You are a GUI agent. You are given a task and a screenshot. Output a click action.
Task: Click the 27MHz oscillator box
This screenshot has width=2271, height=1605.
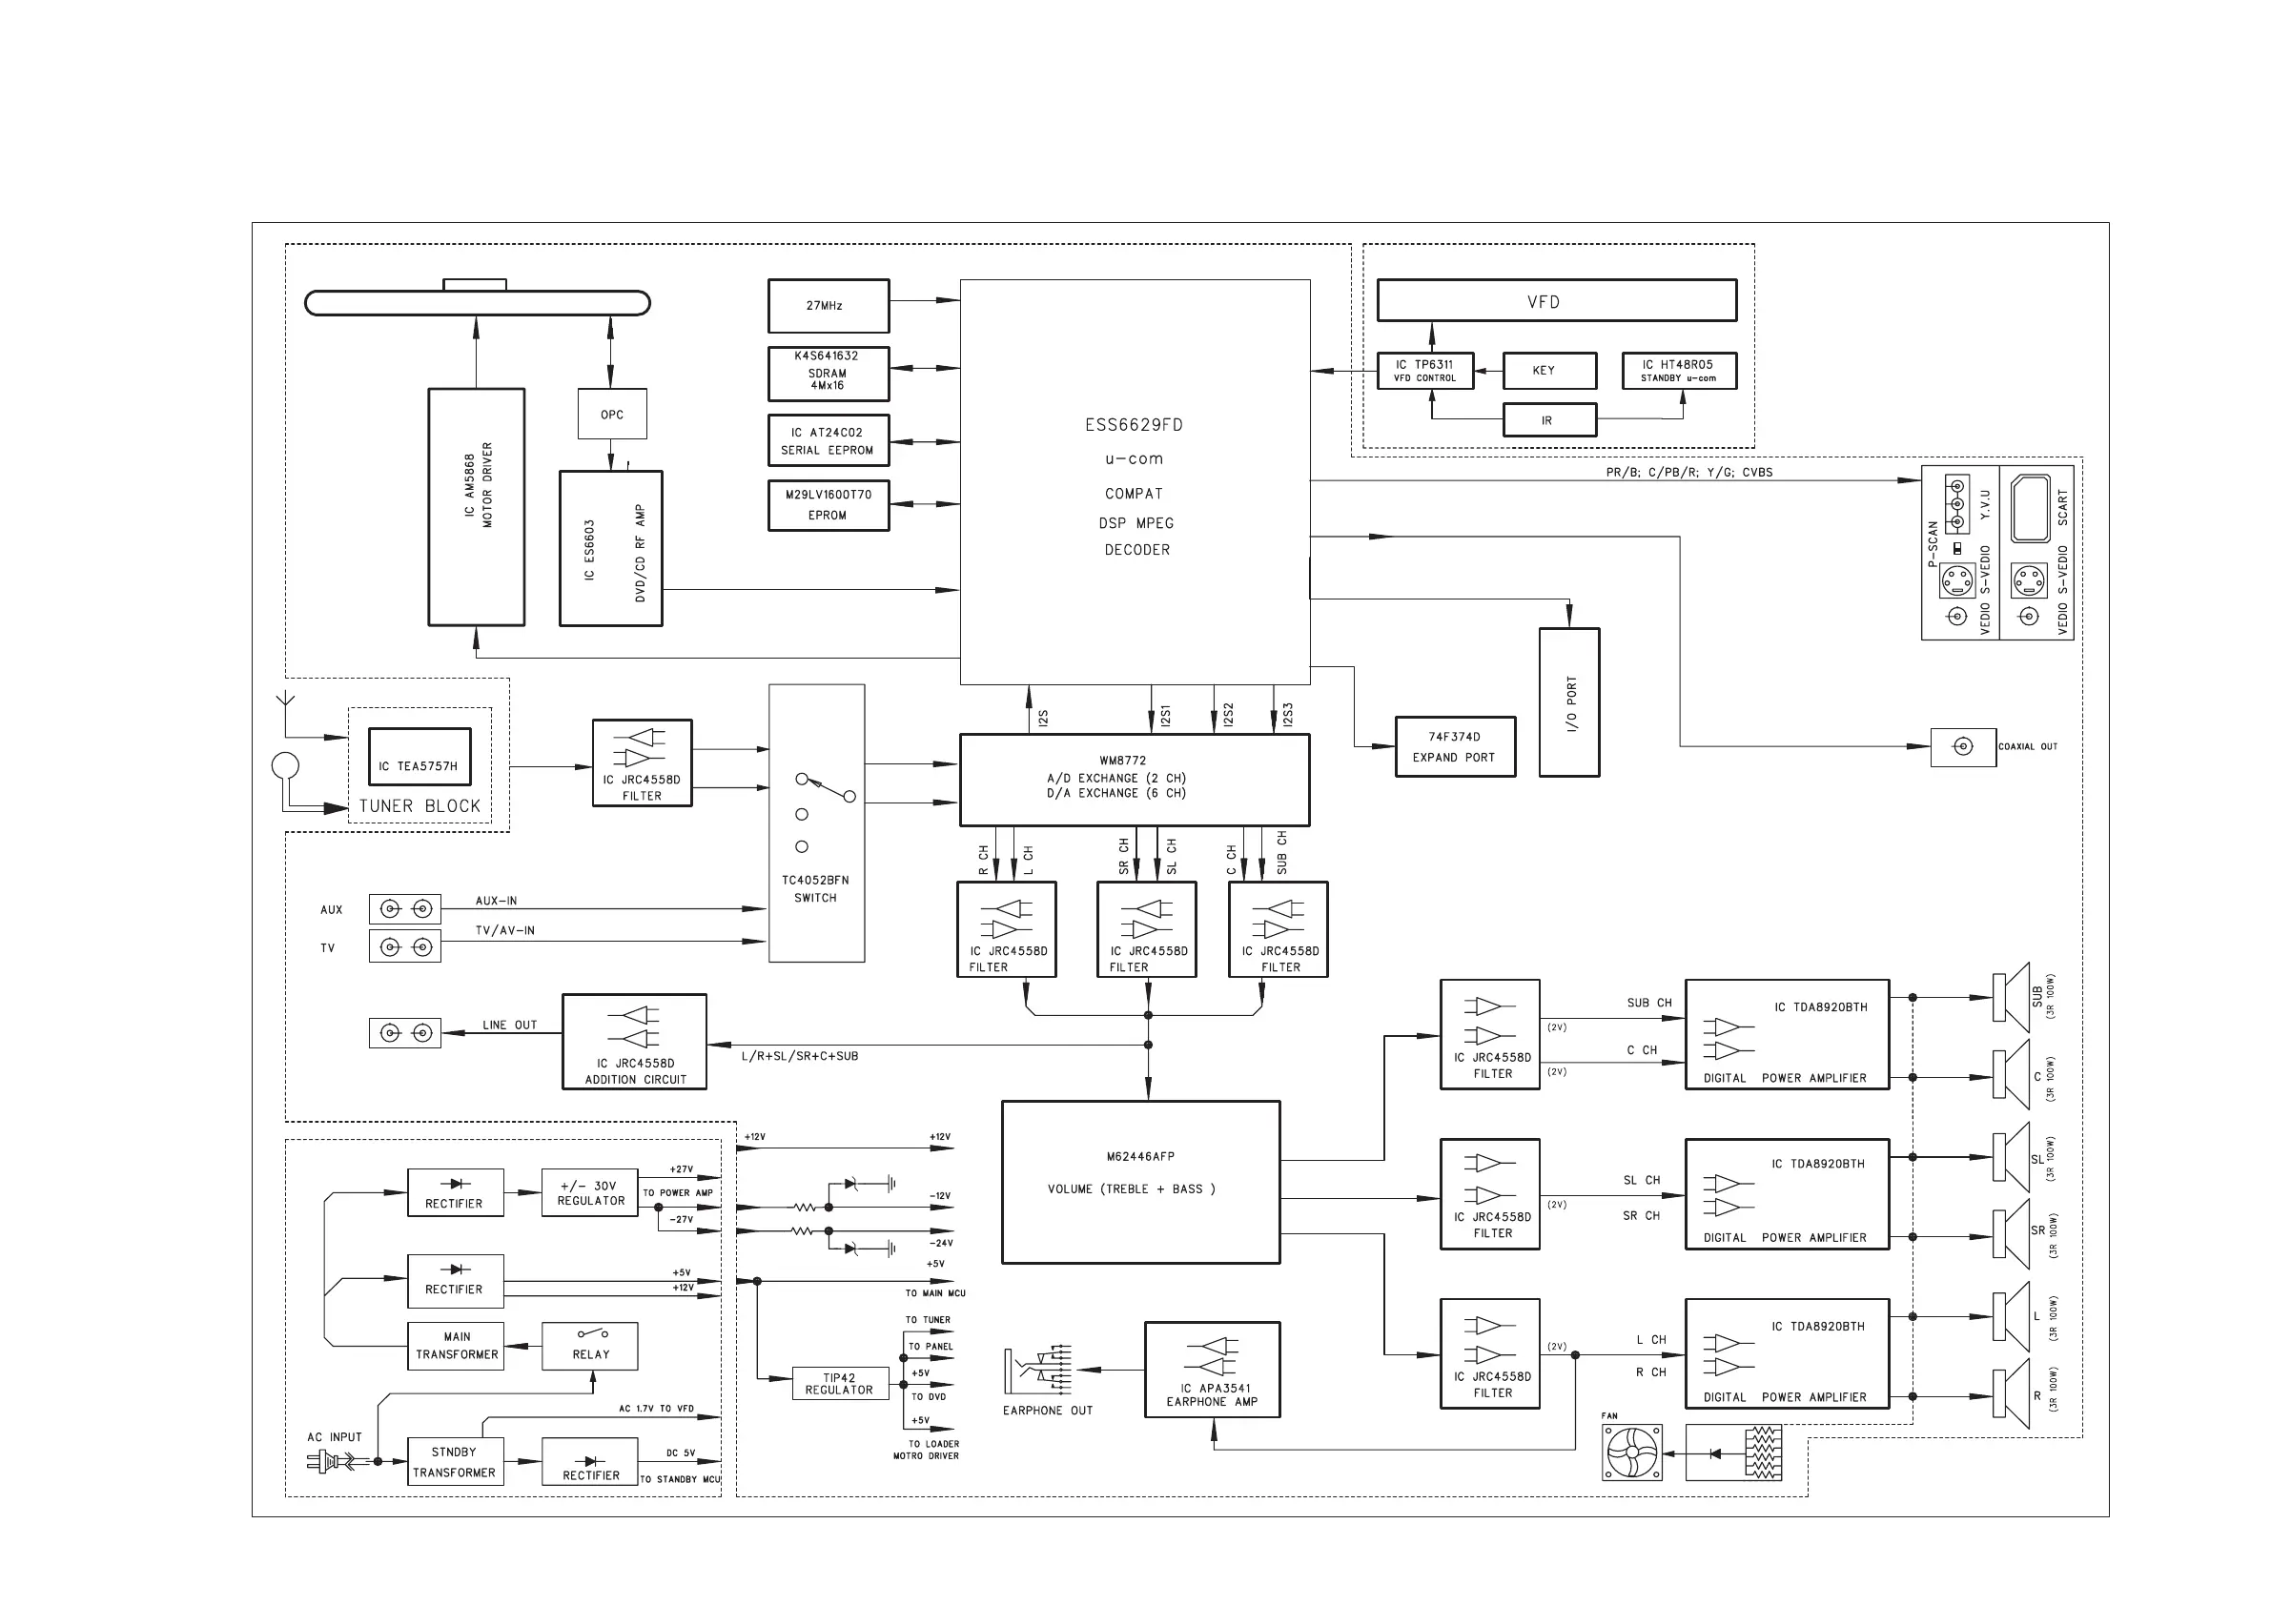828,306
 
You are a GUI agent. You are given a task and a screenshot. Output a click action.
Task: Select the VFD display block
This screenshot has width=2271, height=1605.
1556,300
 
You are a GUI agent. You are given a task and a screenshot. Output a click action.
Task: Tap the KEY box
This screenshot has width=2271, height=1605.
1549,371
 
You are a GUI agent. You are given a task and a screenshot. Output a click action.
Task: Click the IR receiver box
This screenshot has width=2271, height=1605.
1549,420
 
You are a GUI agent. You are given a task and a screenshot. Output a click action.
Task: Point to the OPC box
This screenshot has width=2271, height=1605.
612,414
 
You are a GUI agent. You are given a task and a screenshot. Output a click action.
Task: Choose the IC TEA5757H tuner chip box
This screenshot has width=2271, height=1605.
419,757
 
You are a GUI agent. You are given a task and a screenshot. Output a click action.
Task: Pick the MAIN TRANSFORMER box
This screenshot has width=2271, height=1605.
456,1346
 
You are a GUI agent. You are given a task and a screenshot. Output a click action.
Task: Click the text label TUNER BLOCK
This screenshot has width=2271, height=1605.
419,806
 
